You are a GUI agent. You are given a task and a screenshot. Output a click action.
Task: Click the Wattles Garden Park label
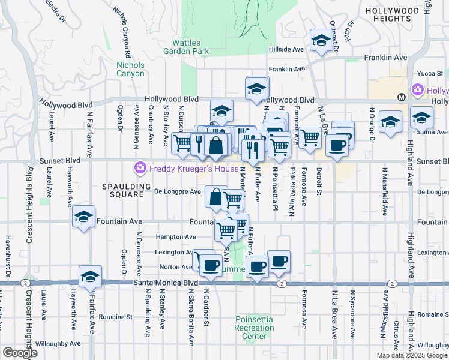click(x=190, y=47)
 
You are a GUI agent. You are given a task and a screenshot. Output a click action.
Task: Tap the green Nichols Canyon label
click(x=130, y=69)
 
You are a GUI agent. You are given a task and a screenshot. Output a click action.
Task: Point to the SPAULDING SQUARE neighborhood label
click(x=122, y=190)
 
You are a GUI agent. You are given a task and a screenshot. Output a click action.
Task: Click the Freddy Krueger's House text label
click(x=194, y=169)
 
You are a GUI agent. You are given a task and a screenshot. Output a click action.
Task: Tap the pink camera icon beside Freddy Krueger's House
click(x=140, y=168)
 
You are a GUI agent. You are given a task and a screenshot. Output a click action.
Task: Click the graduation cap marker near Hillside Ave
click(x=321, y=40)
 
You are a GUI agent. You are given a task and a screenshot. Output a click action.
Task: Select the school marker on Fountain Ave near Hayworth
click(x=83, y=217)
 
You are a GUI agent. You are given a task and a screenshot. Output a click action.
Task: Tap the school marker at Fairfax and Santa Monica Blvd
click(x=90, y=276)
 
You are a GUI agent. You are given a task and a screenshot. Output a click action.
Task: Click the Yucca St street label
click(x=429, y=73)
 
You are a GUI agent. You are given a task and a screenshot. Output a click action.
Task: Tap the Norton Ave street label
click(x=175, y=267)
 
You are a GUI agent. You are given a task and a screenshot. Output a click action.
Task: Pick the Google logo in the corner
click(x=20, y=352)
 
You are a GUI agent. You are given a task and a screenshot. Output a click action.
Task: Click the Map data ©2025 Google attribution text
click(x=411, y=355)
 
